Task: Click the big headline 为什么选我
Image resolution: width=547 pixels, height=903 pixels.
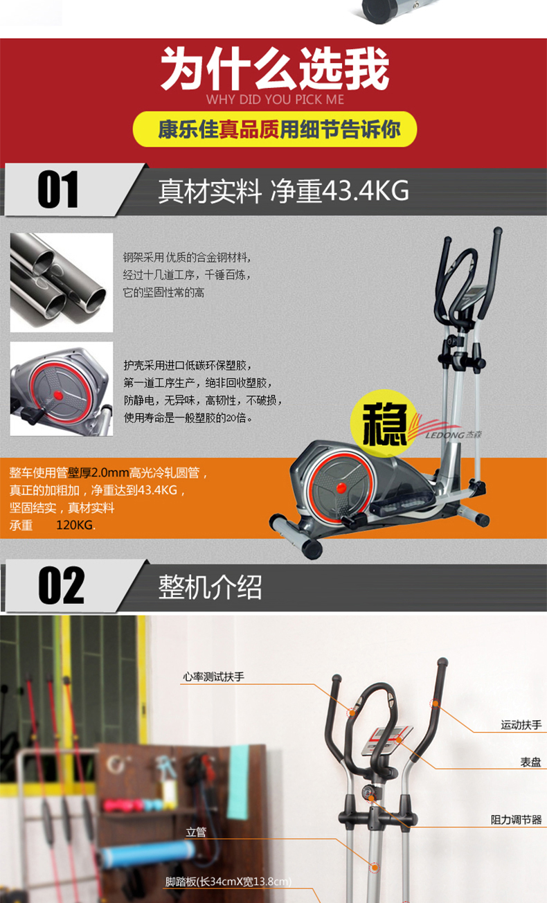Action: pyautogui.click(x=275, y=68)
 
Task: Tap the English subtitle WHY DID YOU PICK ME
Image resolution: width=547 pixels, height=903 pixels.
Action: pyautogui.click(x=275, y=100)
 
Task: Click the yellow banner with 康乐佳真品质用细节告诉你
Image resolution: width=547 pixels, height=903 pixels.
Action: pyautogui.click(x=275, y=129)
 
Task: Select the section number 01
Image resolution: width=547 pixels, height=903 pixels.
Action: pyautogui.click(x=58, y=189)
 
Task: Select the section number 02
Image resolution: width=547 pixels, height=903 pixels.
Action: pyautogui.click(x=61, y=585)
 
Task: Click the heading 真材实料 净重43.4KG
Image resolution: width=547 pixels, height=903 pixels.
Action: pyautogui.click(x=283, y=190)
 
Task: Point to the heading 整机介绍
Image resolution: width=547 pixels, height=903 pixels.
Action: pyautogui.click(x=210, y=587)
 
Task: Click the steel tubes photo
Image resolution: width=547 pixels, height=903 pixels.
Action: pyautogui.click(x=62, y=283)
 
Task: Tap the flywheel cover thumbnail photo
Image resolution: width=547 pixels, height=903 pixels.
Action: pyautogui.click(x=62, y=389)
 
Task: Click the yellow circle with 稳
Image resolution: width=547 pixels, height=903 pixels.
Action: pyautogui.click(x=383, y=423)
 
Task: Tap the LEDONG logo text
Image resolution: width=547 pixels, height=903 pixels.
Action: pyautogui.click(x=453, y=435)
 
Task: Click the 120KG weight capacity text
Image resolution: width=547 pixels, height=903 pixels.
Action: pyautogui.click(x=75, y=525)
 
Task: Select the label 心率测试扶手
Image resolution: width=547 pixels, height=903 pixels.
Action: pyautogui.click(x=214, y=677)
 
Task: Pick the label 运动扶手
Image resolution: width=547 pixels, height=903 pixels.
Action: pyautogui.click(x=521, y=725)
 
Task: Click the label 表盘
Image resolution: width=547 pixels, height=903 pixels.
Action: pyautogui.click(x=530, y=762)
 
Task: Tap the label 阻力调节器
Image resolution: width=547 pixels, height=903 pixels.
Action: pyautogui.click(x=517, y=819)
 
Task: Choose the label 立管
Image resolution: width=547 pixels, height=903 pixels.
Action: pyautogui.click(x=196, y=832)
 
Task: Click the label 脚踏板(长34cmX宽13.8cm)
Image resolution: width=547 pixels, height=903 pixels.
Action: pyautogui.click(x=228, y=882)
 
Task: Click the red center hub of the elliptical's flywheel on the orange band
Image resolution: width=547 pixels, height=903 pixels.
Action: pyautogui.click(x=341, y=488)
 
